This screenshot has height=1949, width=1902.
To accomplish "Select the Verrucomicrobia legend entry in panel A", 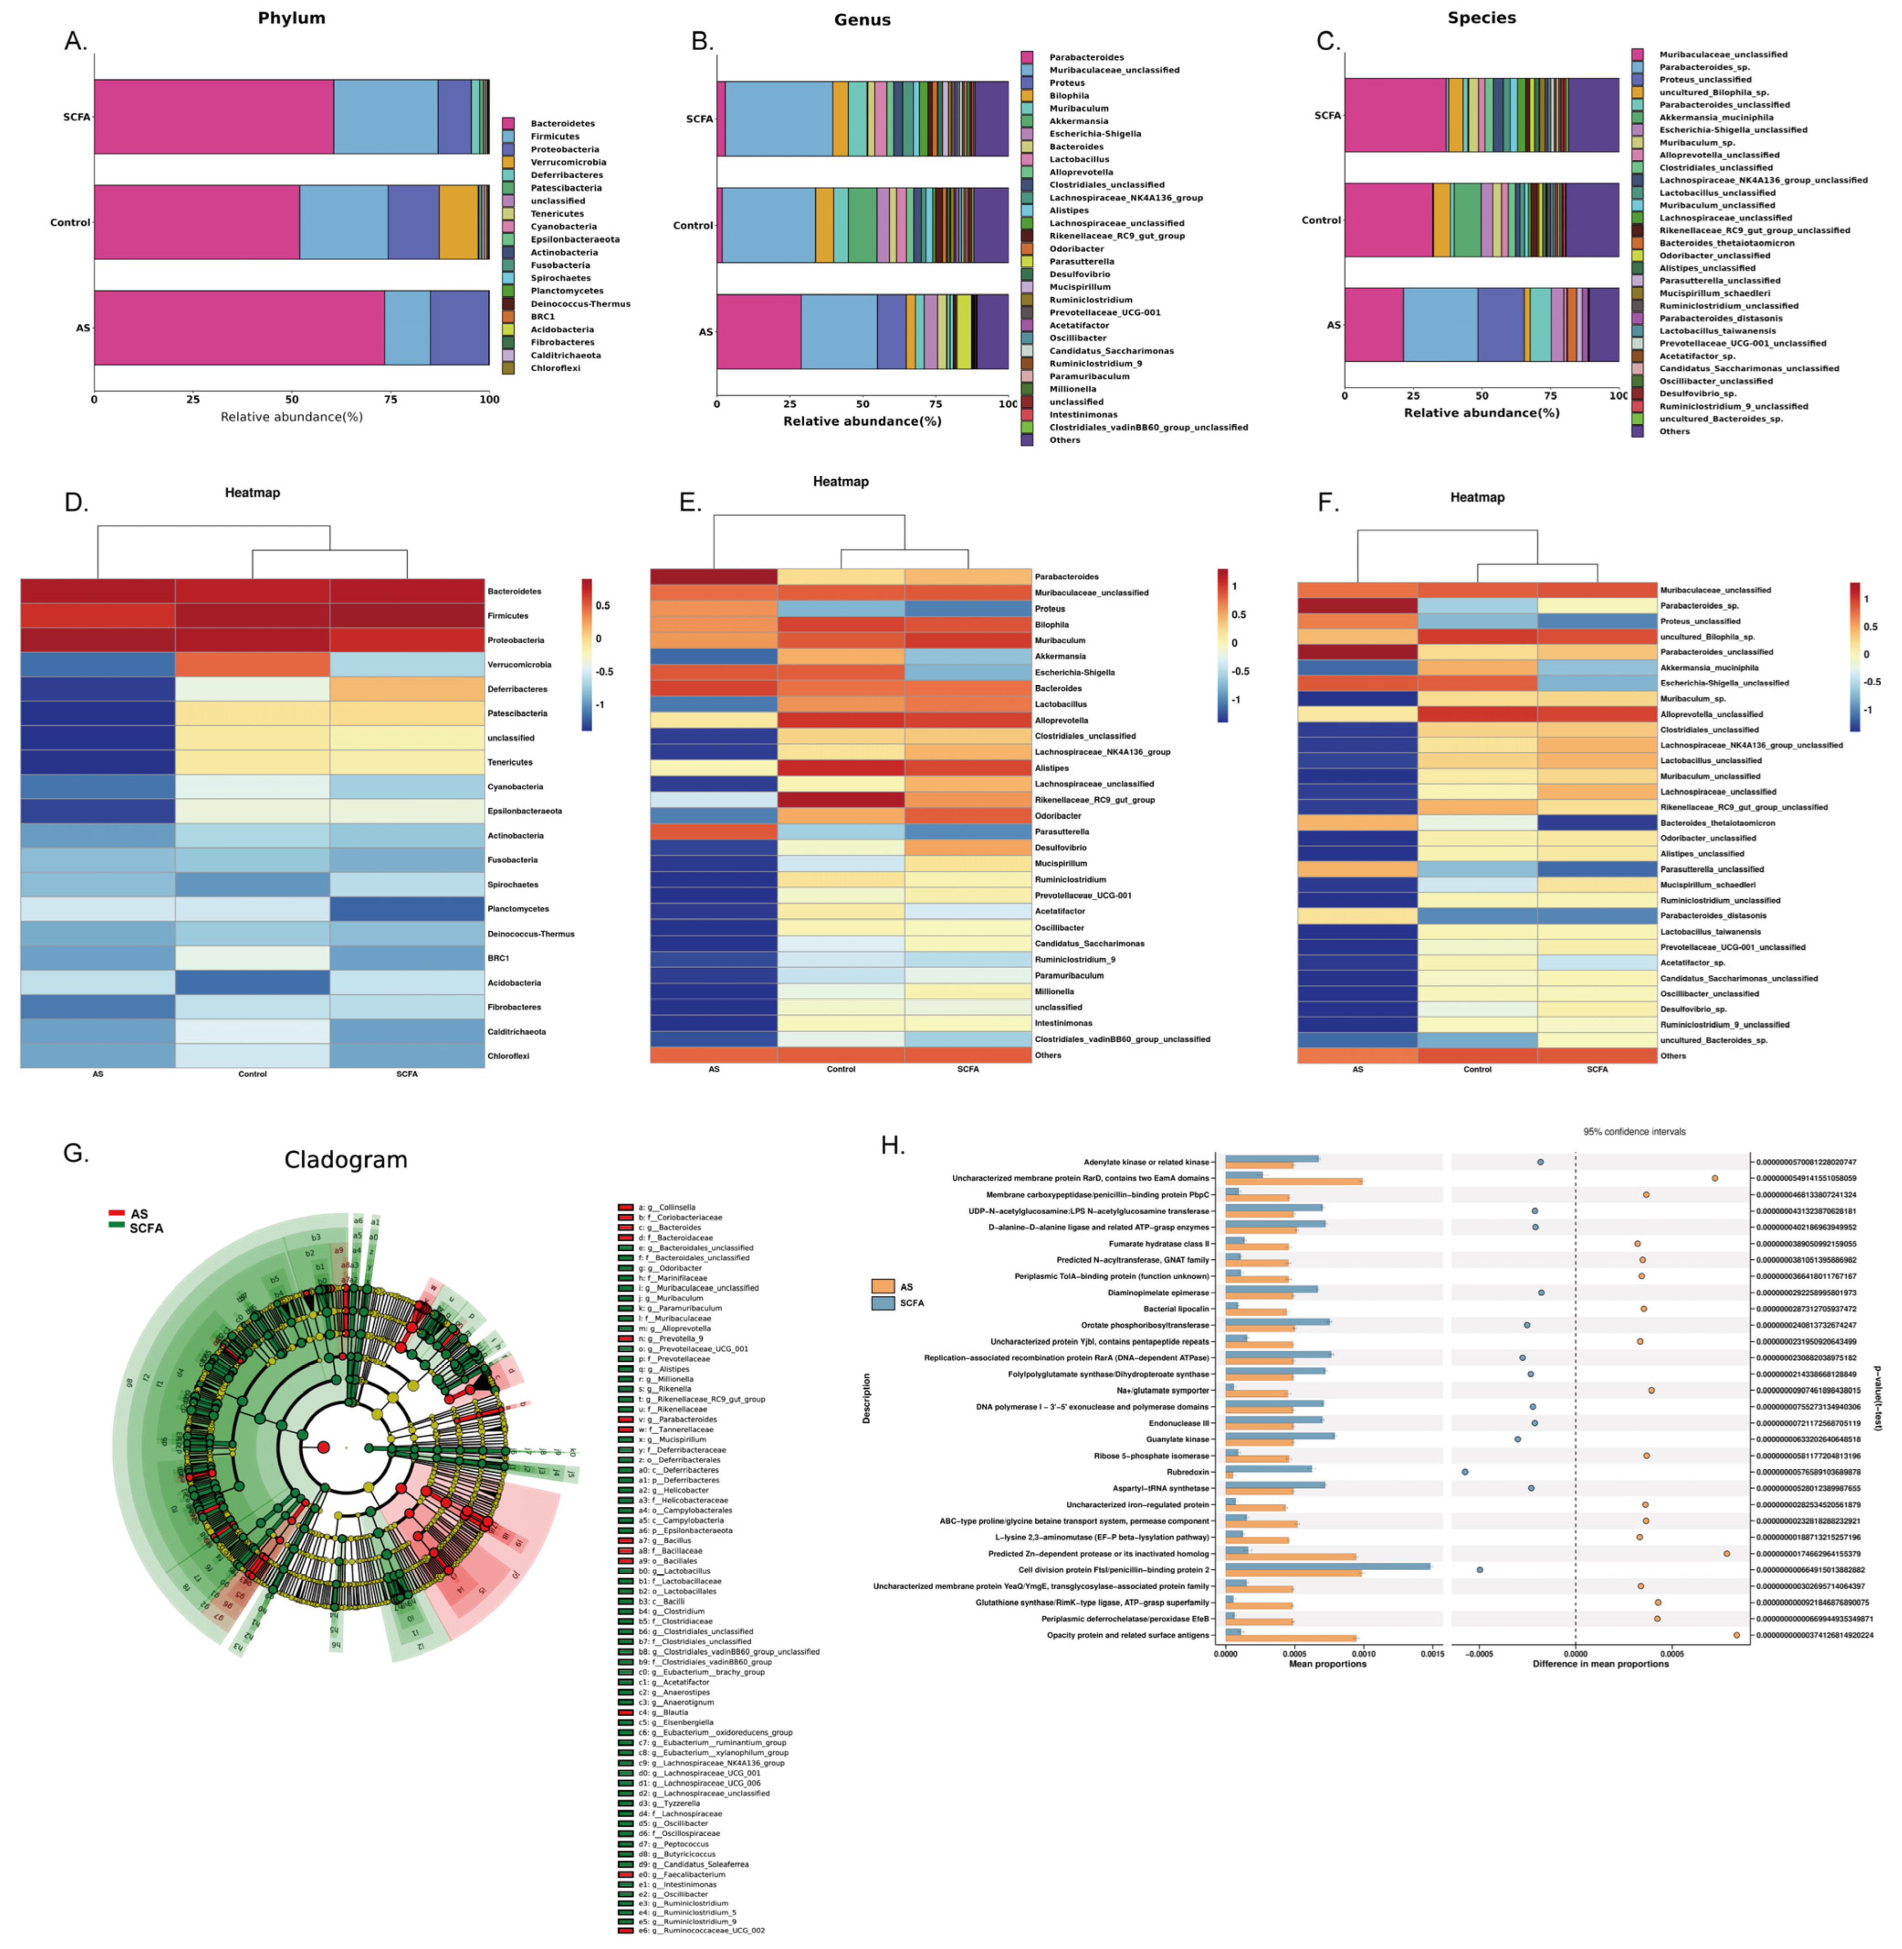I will coord(567,162).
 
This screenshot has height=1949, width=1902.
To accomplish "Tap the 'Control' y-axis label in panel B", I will coord(692,226).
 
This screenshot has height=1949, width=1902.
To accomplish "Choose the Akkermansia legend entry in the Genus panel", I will coord(1078,121).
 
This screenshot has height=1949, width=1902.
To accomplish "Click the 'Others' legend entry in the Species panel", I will coord(1674,432).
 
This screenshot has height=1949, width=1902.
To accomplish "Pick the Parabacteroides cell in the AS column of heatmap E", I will coord(713,577).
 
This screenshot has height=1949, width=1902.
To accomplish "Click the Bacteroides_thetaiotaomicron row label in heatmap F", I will coord(1717,823).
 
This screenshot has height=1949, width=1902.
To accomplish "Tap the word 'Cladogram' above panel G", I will coord(346,1160).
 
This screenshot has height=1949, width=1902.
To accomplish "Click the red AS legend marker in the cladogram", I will coord(117,1213).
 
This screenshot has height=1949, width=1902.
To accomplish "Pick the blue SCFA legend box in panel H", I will coord(882,1303).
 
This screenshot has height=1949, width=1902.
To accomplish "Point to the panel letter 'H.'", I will coord(892,1146).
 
